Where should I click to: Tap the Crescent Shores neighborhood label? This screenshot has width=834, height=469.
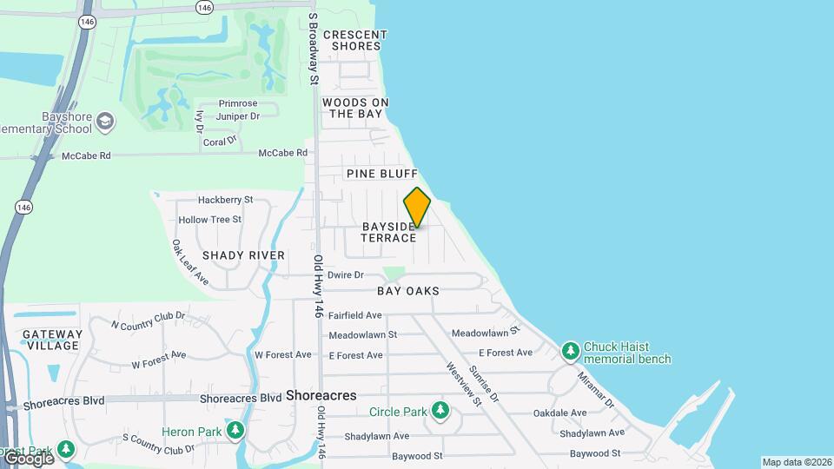click(x=354, y=40)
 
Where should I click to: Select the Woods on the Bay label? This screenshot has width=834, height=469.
click(x=355, y=108)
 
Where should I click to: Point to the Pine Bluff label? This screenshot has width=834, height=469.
click(x=382, y=174)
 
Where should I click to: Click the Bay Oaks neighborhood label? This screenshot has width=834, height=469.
click(x=407, y=291)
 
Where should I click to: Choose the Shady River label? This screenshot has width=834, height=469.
click(x=243, y=255)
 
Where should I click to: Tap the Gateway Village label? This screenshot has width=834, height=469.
click(x=52, y=340)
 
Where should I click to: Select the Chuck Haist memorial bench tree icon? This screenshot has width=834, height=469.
click(x=570, y=352)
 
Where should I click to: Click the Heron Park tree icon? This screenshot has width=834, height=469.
click(x=235, y=431)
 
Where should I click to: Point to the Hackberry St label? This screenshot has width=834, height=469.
click(x=225, y=200)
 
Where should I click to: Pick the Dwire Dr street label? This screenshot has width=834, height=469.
click(x=345, y=275)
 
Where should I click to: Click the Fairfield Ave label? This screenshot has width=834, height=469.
click(x=355, y=315)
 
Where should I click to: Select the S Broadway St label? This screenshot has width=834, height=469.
click(x=312, y=49)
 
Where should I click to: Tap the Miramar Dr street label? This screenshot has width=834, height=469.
click(x=597, y=393)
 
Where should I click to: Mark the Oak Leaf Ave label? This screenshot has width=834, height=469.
click(x=190, y=262)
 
